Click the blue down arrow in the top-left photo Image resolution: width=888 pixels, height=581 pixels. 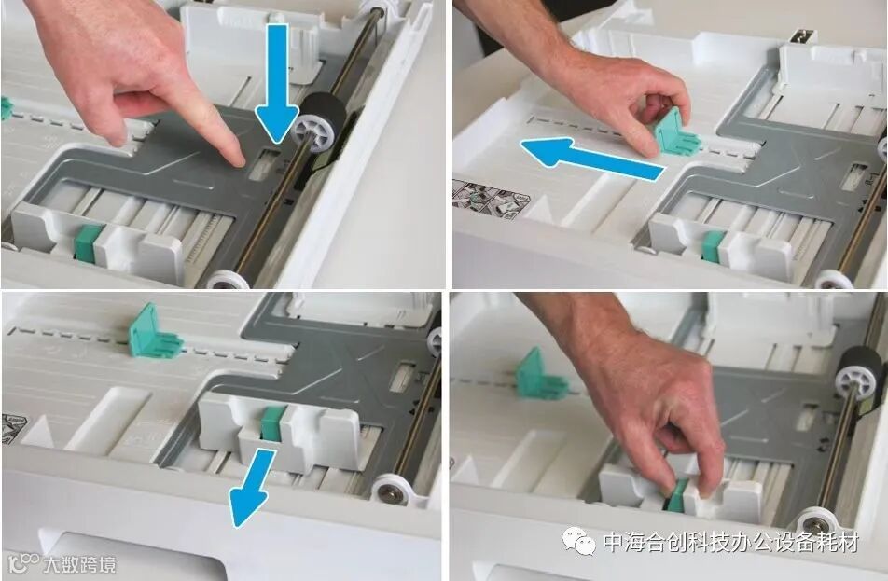[x=276, y=85]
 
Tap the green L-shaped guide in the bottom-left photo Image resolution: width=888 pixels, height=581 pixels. [x=153, y=333]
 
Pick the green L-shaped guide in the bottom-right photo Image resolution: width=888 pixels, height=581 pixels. [x=538, y=376]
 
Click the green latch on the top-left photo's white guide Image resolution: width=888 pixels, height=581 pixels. [x=88, y=242]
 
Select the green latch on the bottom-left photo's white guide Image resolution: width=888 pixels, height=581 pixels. [x=273, y=423]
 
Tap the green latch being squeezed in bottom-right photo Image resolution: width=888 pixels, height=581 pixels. [x=678, y=496]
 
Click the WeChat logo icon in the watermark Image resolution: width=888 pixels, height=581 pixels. [x=578, y=541]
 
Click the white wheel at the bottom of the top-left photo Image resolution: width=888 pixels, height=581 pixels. [x=228, y=280]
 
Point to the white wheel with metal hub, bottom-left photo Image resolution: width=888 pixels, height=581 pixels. [x=391, y=491]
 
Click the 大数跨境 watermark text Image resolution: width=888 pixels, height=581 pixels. [x=79, y=564]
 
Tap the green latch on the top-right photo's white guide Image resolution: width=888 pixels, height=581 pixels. [x=713, y=247]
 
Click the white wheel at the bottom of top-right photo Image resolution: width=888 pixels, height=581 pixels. [x=834, y=279]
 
